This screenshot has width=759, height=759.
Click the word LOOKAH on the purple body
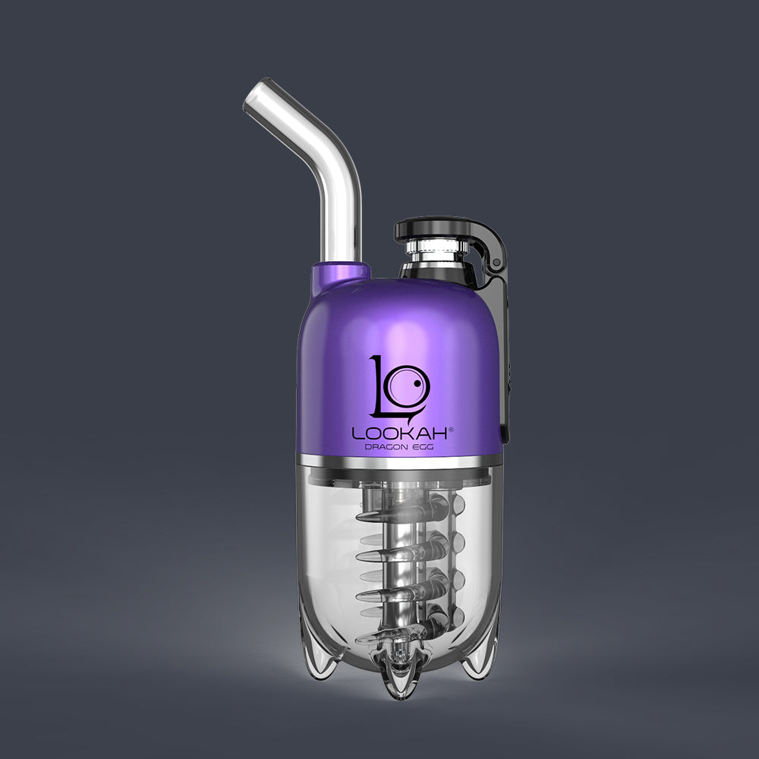[x=399, y=433]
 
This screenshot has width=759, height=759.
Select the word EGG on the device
[x=423, y=447]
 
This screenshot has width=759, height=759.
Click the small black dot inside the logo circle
[x=416, y=384]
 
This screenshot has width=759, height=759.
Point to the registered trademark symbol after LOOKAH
[x=451, y=429]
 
